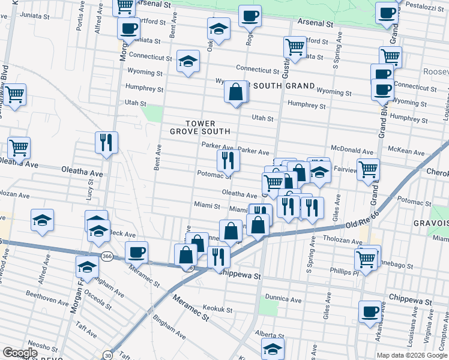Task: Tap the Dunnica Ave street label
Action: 285,298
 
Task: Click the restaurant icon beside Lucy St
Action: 106,143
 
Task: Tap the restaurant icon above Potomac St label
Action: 228,160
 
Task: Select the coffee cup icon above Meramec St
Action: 136,252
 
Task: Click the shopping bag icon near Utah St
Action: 236,92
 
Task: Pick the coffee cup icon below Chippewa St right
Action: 370,312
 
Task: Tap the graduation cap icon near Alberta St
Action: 273,348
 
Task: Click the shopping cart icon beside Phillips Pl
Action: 366,259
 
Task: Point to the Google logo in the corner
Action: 20,353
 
